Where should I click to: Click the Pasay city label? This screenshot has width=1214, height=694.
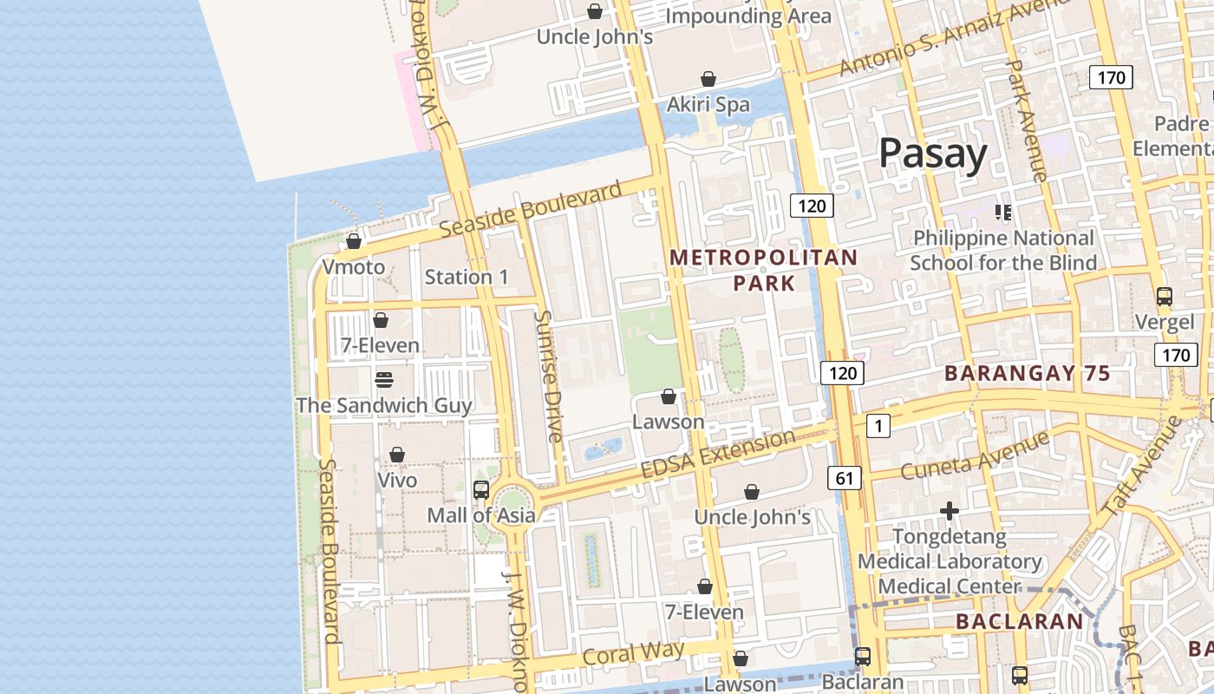[x=933, y=154]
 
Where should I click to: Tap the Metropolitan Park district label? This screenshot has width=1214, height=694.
[x=763, y=271]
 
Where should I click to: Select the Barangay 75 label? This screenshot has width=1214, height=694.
[x=1027, y=374]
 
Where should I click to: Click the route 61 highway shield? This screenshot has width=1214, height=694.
[x=845, y=477]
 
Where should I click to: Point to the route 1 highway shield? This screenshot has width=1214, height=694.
[x=878, y=426]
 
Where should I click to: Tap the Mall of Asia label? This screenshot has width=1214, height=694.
[x=480, y=515]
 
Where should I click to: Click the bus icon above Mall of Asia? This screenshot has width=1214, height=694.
[x=481, y=490]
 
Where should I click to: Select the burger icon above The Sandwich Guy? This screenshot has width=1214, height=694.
[x=384, y=380]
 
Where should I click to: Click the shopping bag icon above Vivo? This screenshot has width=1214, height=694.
[x=396, y=455]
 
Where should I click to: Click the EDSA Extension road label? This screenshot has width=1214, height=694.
[x=717, y=454]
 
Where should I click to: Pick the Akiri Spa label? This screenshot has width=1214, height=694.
[x=708, y=105]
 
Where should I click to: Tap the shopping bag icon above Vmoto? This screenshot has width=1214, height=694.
[x=353, y=241]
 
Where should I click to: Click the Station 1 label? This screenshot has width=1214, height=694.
[x=467, y=278]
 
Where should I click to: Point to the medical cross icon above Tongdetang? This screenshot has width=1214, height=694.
[x=950, y=511]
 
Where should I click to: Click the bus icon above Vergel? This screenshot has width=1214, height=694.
[x=1164, y=297]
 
